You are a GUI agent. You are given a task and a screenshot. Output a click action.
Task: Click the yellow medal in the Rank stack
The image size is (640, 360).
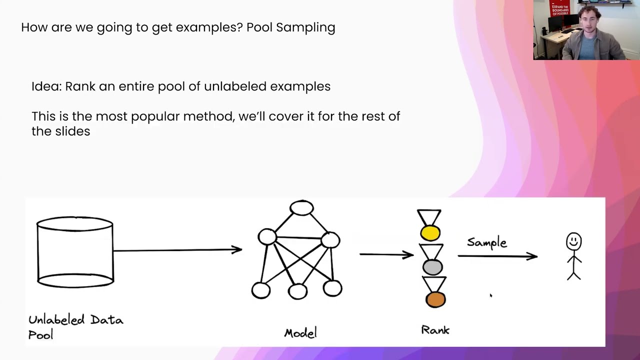pyautogui.click(x=430, y=233)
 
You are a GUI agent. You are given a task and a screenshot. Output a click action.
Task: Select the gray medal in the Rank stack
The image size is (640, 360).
pyautogui.click(x=432, y=267)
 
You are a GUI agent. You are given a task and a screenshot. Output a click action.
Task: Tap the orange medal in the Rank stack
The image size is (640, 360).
pyautogui.click(x=435, y=299)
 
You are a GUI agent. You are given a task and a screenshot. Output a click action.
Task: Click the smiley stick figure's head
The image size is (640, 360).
pyautogui.click(x=573, y=241)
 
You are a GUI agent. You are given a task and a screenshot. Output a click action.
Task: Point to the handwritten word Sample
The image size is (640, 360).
pyautogui.click(x=486, y=242)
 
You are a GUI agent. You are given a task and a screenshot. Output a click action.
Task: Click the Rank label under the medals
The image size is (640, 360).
pyautogui.click(x=435, y=330)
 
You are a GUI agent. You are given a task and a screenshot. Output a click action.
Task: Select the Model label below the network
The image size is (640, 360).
pyautogui.click(x=300, y=333)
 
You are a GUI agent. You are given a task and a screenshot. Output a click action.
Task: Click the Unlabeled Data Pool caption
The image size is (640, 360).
pyautogui.click(x=75, y=326)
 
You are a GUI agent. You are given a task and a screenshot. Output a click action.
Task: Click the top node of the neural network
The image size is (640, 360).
pyautogui.click(x=301, y=208)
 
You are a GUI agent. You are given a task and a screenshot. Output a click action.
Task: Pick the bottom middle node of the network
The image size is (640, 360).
pyautogui.click(x=297, y=291)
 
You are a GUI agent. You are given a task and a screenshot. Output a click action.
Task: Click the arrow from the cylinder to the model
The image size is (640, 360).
pyautogui.click(x=177, y=249)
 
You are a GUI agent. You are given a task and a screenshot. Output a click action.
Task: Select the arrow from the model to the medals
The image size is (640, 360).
pyautogui.click(x=386, y=254)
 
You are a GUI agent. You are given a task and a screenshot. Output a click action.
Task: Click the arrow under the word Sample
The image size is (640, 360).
pyautogui.click(x=497, y=256)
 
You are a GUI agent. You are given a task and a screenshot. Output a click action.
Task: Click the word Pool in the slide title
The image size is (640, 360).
pyautogui.click(x=259, y=27)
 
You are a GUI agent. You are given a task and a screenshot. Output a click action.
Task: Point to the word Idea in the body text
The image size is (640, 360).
pyautogui.click(x=45, y=86)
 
